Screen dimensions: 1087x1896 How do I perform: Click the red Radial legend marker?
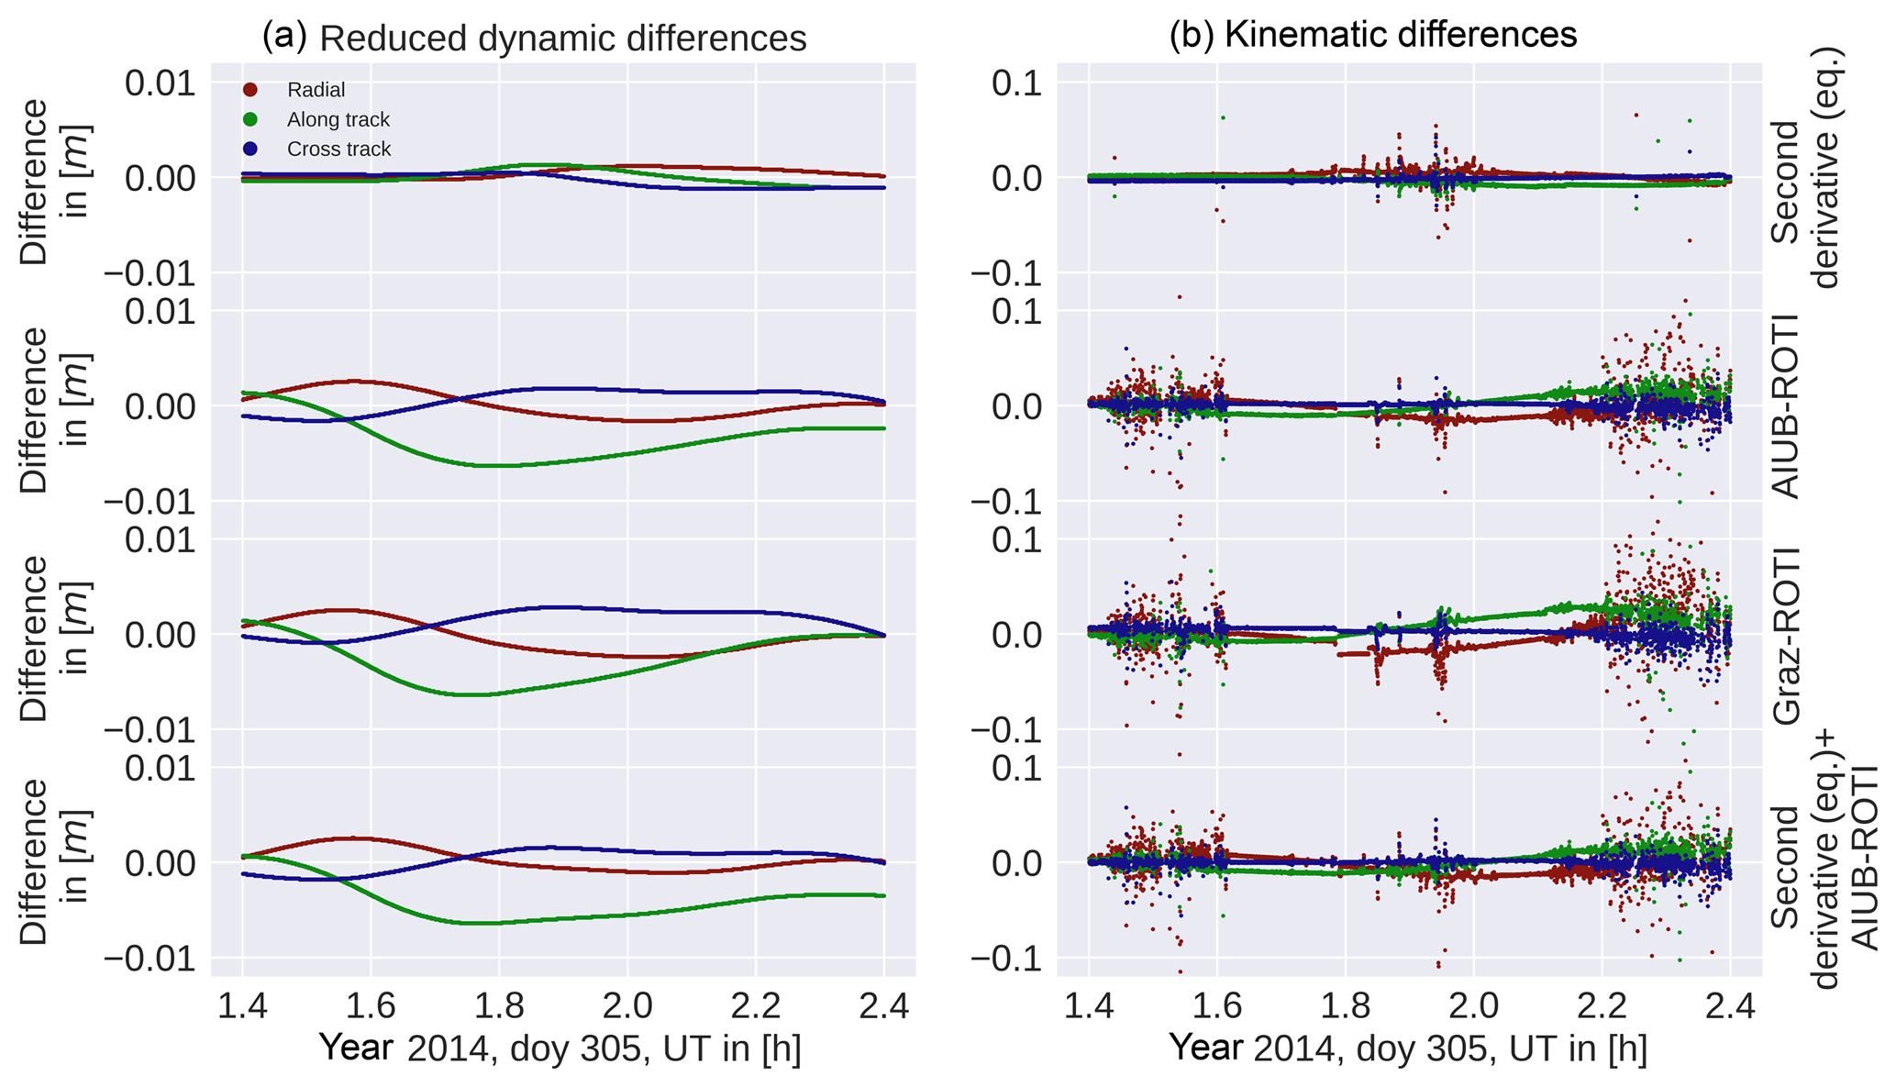click(249, 90)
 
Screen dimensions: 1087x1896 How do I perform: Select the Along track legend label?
click(338, 119)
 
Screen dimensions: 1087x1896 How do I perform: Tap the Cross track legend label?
click(338, 149)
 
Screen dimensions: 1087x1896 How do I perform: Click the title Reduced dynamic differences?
click(562, 39)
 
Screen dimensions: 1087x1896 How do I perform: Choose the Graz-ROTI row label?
click(1786, 636)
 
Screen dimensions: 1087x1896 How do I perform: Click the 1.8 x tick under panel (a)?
click(499, 1005)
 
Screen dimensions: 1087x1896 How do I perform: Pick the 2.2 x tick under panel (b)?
click(1602, 1005)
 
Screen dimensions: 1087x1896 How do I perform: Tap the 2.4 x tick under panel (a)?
click(884, 1005)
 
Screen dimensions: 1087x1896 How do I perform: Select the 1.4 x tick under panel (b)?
click(1089, 1005)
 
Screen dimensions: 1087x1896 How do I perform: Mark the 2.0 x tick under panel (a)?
click(627, 1005)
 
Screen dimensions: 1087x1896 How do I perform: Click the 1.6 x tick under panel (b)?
click(1216, 1005)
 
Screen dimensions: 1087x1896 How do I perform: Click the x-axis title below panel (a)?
click(560, 1048)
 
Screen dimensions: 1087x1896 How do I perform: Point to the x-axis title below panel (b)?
click(1407, 1048)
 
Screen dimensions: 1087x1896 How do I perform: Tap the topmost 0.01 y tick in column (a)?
click(161, 83)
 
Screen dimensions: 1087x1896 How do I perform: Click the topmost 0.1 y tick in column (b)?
click(1018, 83)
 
